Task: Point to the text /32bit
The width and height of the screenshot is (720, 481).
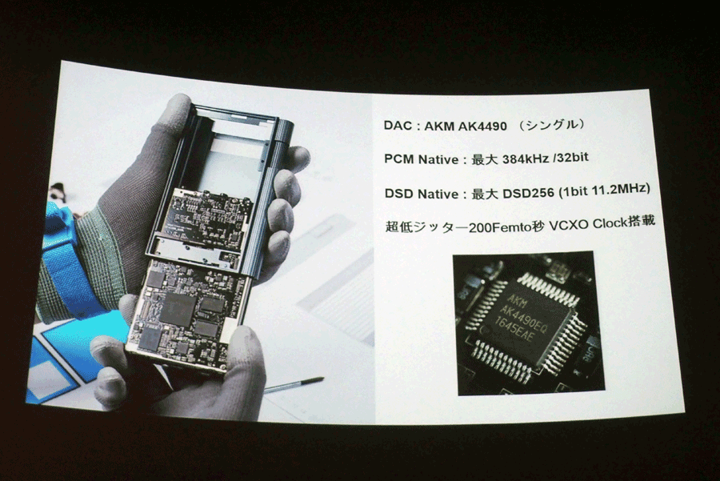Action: click(570, 158)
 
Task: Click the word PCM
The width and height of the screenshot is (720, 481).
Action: click(399, 159)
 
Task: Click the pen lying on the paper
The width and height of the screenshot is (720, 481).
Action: click(294, 385)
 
